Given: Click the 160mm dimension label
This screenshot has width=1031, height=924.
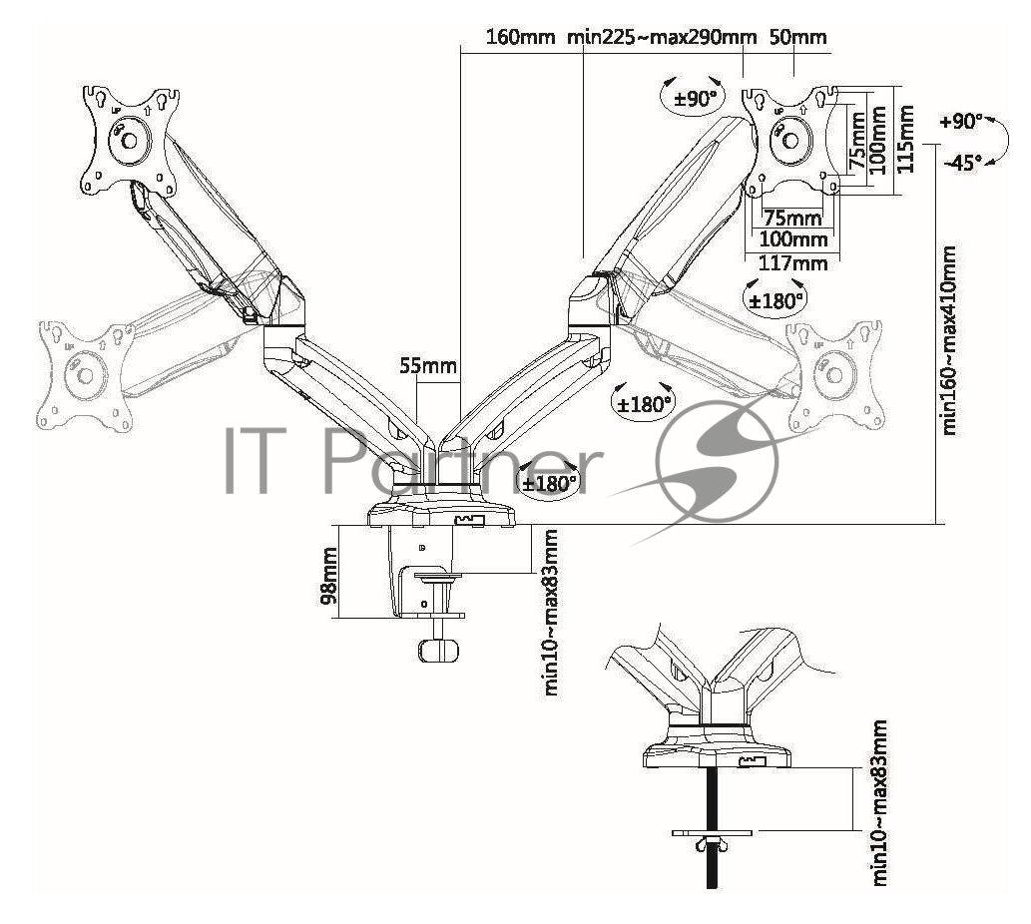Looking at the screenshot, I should pos(520,38).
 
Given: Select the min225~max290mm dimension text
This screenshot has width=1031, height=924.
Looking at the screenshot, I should pos(662,38).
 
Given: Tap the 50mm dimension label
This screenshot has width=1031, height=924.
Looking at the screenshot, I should pos(799,38).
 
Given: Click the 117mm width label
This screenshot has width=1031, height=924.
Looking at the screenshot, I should pos(794,263).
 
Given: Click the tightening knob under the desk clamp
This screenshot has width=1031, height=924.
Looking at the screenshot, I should pos(439,650).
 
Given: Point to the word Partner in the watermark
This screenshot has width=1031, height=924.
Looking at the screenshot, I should pos(449,460).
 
